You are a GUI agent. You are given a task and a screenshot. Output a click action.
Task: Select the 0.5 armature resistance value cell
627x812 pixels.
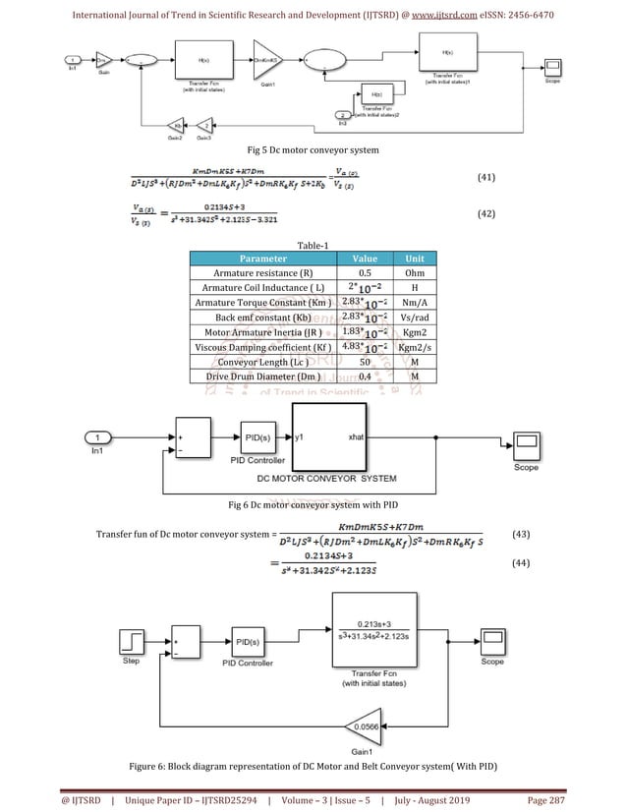click(365, 273)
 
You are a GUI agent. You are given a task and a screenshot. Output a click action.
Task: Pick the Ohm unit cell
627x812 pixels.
click(416, 273)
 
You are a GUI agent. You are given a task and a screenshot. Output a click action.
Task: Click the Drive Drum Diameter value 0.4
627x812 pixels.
click(365, 377)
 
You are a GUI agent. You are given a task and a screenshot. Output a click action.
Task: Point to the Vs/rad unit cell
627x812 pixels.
click(416, 318)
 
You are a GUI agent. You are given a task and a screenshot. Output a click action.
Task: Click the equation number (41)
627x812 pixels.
click(485, 178)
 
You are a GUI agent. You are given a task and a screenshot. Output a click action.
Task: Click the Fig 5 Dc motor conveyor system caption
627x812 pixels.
click(313, 148)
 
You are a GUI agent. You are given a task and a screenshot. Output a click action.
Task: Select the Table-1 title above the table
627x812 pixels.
click(313, 246)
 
